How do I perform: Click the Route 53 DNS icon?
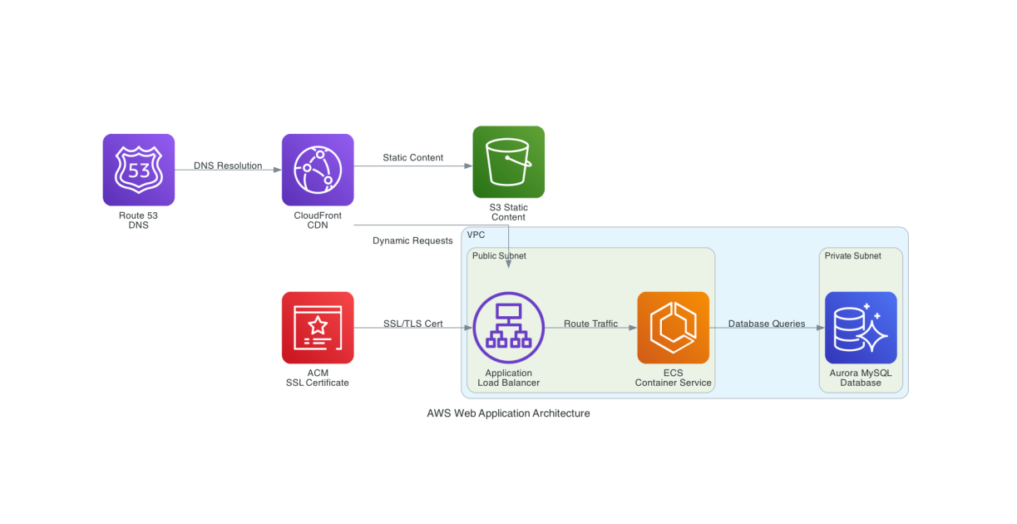pos(138,170)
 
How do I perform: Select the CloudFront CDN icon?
pos(318,170)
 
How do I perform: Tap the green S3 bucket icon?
pos(508,161)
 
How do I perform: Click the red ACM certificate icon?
pos(318,328)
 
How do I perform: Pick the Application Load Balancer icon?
pos(508,328)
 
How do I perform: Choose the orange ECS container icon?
pos(673,328)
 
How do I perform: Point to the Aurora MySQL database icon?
pos(861,328)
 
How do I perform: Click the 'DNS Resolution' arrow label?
pos(228,166)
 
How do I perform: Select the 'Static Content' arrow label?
pos(412,157)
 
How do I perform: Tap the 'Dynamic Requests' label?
pos(412,241)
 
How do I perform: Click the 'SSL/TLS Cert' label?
pos(412,324)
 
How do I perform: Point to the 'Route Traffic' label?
pos(590,324)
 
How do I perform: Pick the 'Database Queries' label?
pos(767,324)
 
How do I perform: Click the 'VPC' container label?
pos(476,235)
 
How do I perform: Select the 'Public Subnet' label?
pos(499,256)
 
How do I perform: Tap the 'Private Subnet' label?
pos(852,256)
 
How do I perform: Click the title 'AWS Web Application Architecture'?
pos(508,413)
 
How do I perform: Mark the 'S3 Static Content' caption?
pos(508,212)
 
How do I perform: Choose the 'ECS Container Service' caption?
pos(673,378)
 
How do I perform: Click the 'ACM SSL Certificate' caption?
pos(318,378)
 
